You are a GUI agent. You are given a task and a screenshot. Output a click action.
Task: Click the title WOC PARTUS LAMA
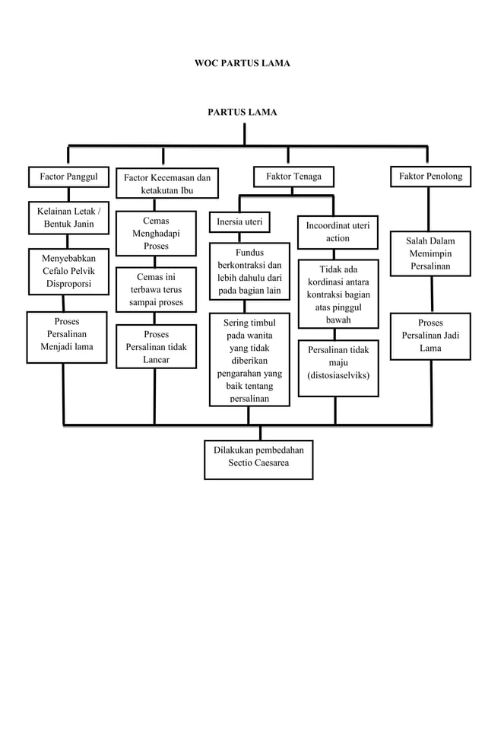[242, 62]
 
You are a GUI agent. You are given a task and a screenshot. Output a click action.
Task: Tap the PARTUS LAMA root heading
[242, 112]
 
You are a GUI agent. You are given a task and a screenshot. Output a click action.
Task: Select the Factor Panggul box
[68, 177]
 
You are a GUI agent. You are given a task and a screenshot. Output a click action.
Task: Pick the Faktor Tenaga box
[293, 177]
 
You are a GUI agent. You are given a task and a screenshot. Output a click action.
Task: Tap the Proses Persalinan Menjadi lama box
[67, 335]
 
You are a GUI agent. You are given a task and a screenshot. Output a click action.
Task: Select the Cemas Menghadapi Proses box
[156, 234]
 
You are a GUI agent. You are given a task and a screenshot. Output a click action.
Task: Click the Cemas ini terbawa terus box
[156, 289]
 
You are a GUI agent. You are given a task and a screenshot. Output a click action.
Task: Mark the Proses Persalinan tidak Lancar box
[156, 346]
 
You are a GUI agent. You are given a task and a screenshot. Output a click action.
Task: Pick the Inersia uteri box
[239, 222]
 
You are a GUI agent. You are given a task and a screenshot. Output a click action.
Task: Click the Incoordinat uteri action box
[338, 231]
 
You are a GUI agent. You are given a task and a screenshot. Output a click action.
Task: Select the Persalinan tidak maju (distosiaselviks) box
[338, 363]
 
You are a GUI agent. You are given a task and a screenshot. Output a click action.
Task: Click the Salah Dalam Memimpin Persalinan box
[430, 253]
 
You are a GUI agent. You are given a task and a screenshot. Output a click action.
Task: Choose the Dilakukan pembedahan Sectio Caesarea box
[258, 457]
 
